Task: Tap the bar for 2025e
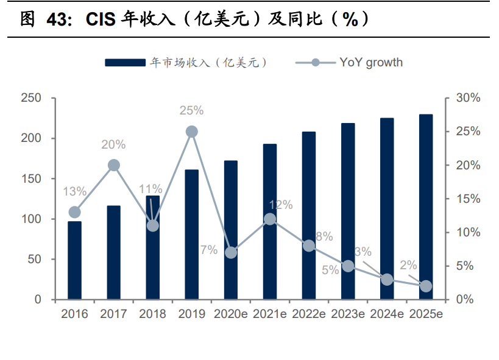point(426,207)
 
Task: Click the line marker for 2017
point(113,165)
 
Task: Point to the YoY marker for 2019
point(192,132)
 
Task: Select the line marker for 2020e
point(231,252)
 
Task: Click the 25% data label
point(191,111)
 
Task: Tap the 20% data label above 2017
point(113,144)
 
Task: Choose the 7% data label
point(209,250)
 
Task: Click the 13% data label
point(74,191)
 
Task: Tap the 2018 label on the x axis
point(152,314)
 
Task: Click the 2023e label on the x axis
point(348,314)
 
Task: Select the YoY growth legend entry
point(370,62)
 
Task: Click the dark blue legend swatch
point(124,62)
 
